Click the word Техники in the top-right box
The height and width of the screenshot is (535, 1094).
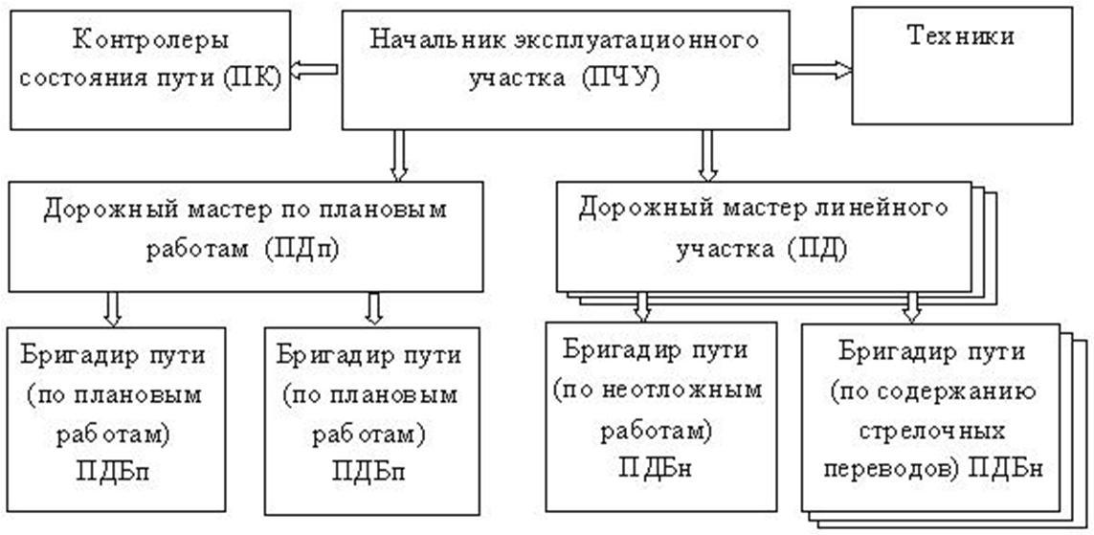point(960,36)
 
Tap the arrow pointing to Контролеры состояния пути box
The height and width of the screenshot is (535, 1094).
point(314,69)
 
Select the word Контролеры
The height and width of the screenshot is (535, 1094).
point(151,41)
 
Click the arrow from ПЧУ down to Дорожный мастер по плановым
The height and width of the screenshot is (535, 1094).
point(399,156)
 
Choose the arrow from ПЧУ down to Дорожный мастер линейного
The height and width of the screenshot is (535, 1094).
point(707,156)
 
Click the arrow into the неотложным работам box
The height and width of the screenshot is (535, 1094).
point(643,306)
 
